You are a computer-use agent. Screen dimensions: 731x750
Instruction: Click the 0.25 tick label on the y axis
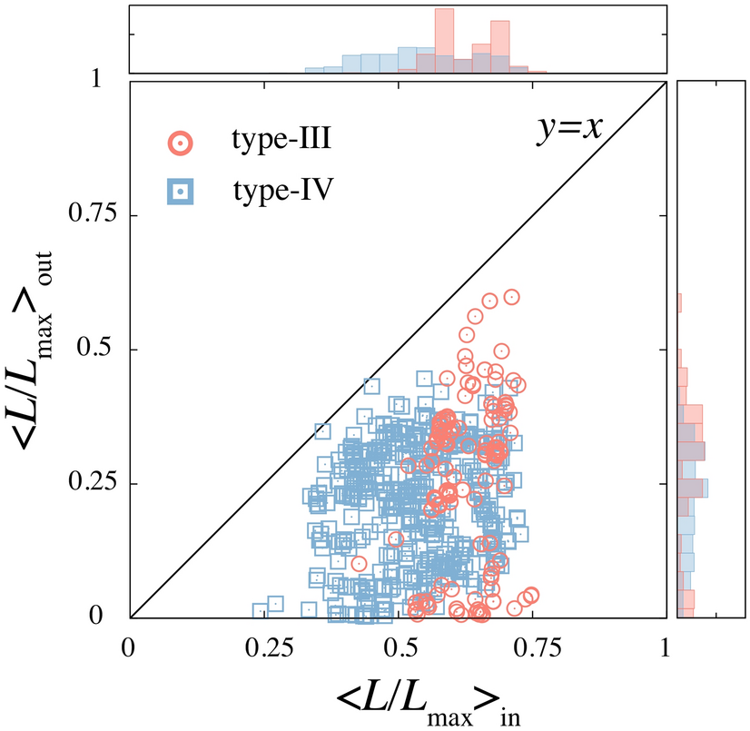click(96, 484)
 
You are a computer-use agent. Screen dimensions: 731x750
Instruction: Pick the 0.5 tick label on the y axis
click(104, 350)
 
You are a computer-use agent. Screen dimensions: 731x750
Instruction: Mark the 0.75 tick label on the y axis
click(96, 215)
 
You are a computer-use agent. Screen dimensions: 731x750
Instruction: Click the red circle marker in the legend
click(181, 141)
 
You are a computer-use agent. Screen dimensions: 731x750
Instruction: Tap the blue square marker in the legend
click(181, 192)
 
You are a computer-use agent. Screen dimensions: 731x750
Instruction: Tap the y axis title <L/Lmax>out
click(35, 349)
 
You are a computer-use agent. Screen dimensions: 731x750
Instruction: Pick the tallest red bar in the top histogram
click(444, 41)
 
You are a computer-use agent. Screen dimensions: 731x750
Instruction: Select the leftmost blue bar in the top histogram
click(314, 69)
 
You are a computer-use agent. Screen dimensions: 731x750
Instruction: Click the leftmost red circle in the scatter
click(360, 564)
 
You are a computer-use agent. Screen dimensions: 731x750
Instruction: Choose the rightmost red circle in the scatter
click(532, 595)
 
